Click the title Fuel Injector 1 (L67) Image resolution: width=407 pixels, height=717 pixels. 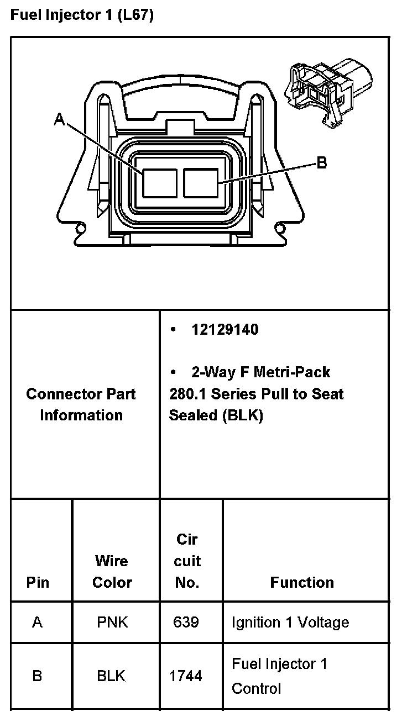(82, 15)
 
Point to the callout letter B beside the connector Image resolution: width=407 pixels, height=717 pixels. (321, 162)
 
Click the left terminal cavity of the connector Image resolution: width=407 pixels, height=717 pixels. (160, 183)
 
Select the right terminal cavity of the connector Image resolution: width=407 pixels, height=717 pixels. (201, 183)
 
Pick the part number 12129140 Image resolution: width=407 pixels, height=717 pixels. (225, 330)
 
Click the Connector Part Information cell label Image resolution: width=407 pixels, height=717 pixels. (81, 404)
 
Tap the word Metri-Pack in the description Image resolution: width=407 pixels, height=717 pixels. (292, 372)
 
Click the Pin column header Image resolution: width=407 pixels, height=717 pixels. (38, 583)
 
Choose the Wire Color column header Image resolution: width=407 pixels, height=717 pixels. (112, 572)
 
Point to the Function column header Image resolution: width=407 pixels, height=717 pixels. (302, 583)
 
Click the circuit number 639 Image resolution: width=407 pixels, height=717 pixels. (186, 623)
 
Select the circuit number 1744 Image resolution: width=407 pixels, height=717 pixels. (186, 676)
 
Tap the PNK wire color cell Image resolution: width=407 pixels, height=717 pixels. (112, 623)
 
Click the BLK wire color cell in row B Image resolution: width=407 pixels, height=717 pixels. (111, 676)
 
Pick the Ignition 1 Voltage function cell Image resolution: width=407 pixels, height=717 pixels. (290, 623)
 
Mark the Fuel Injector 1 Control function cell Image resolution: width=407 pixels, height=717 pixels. (279, 676)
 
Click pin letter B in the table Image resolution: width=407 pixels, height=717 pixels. (37, 676)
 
